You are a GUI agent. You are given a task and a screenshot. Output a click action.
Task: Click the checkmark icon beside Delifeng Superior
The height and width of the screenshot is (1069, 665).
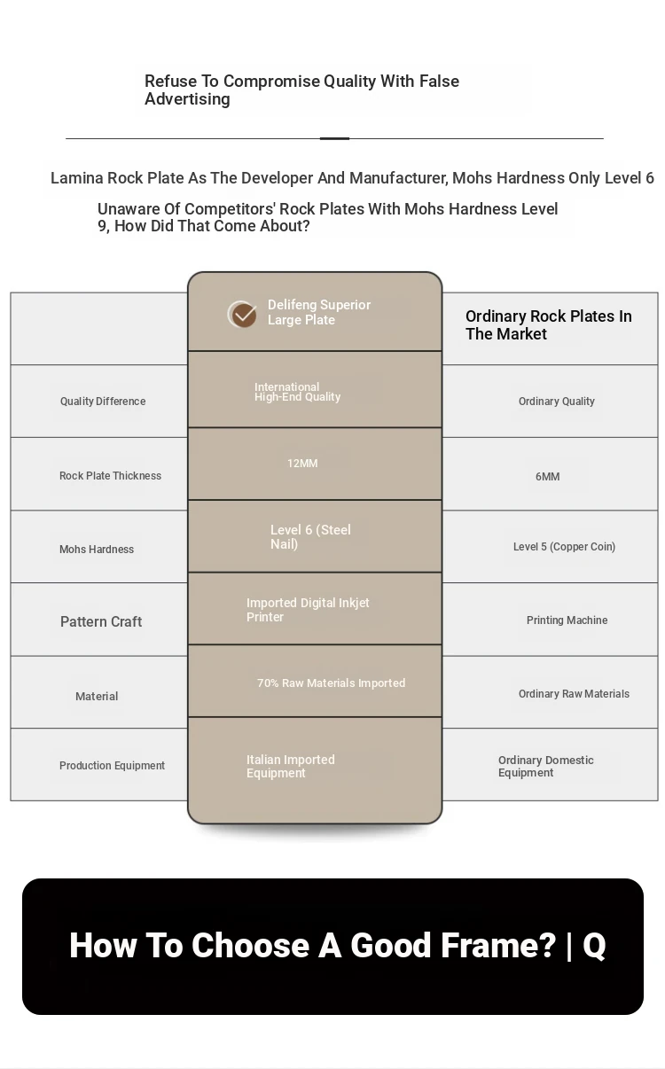click(x=242, y=314)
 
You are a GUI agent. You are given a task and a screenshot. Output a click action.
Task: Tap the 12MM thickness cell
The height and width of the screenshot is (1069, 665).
click(x=302, y=464)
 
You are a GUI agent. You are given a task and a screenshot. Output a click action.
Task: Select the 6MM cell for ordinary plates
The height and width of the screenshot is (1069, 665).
click(x=548, y=477)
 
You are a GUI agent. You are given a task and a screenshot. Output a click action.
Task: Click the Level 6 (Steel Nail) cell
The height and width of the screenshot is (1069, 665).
click(x=310, y=537)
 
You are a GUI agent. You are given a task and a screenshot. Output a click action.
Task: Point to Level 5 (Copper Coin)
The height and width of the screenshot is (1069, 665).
click(x=564, y=547)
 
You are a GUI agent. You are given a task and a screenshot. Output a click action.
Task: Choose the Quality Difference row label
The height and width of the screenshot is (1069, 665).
click(x=103, y=402)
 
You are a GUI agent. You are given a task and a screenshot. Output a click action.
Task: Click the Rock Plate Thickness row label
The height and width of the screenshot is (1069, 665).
click(x=110, y=476)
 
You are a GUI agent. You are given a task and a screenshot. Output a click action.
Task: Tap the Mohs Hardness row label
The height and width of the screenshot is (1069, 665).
click(x=97, y=550)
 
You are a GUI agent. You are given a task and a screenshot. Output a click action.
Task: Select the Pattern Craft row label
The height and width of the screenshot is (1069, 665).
click(x=101, y=622)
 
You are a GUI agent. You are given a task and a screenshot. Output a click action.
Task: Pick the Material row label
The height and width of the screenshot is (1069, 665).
click(x=97, y=697)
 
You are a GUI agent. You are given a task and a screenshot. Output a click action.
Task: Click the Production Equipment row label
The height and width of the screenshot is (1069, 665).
click(x=112, y=766)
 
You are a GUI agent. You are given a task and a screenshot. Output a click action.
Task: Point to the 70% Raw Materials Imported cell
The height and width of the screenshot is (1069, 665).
click(x=331, y=683)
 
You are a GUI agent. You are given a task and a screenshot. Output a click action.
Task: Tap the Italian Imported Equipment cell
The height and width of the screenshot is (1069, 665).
click(x=291, y=767)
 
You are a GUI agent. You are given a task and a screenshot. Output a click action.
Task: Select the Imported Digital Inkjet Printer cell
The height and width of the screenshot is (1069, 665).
click(x=308, y=610)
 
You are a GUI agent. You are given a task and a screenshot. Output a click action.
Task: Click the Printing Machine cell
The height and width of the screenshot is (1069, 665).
click(x=567, y=620)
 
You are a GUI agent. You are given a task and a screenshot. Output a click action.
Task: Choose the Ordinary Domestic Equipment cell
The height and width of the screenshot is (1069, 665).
click(x=545, y=767)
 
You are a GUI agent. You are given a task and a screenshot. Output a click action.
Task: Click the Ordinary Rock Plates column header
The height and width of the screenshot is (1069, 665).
click(x=548, y=325)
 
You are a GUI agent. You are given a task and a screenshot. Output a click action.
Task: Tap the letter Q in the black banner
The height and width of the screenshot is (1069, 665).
click(x=594, y=946)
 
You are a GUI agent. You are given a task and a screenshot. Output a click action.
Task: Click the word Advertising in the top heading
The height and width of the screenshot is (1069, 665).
click(x=187, y=99)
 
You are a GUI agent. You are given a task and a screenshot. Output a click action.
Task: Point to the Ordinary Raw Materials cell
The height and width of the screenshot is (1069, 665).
click(x=574, y=694)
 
